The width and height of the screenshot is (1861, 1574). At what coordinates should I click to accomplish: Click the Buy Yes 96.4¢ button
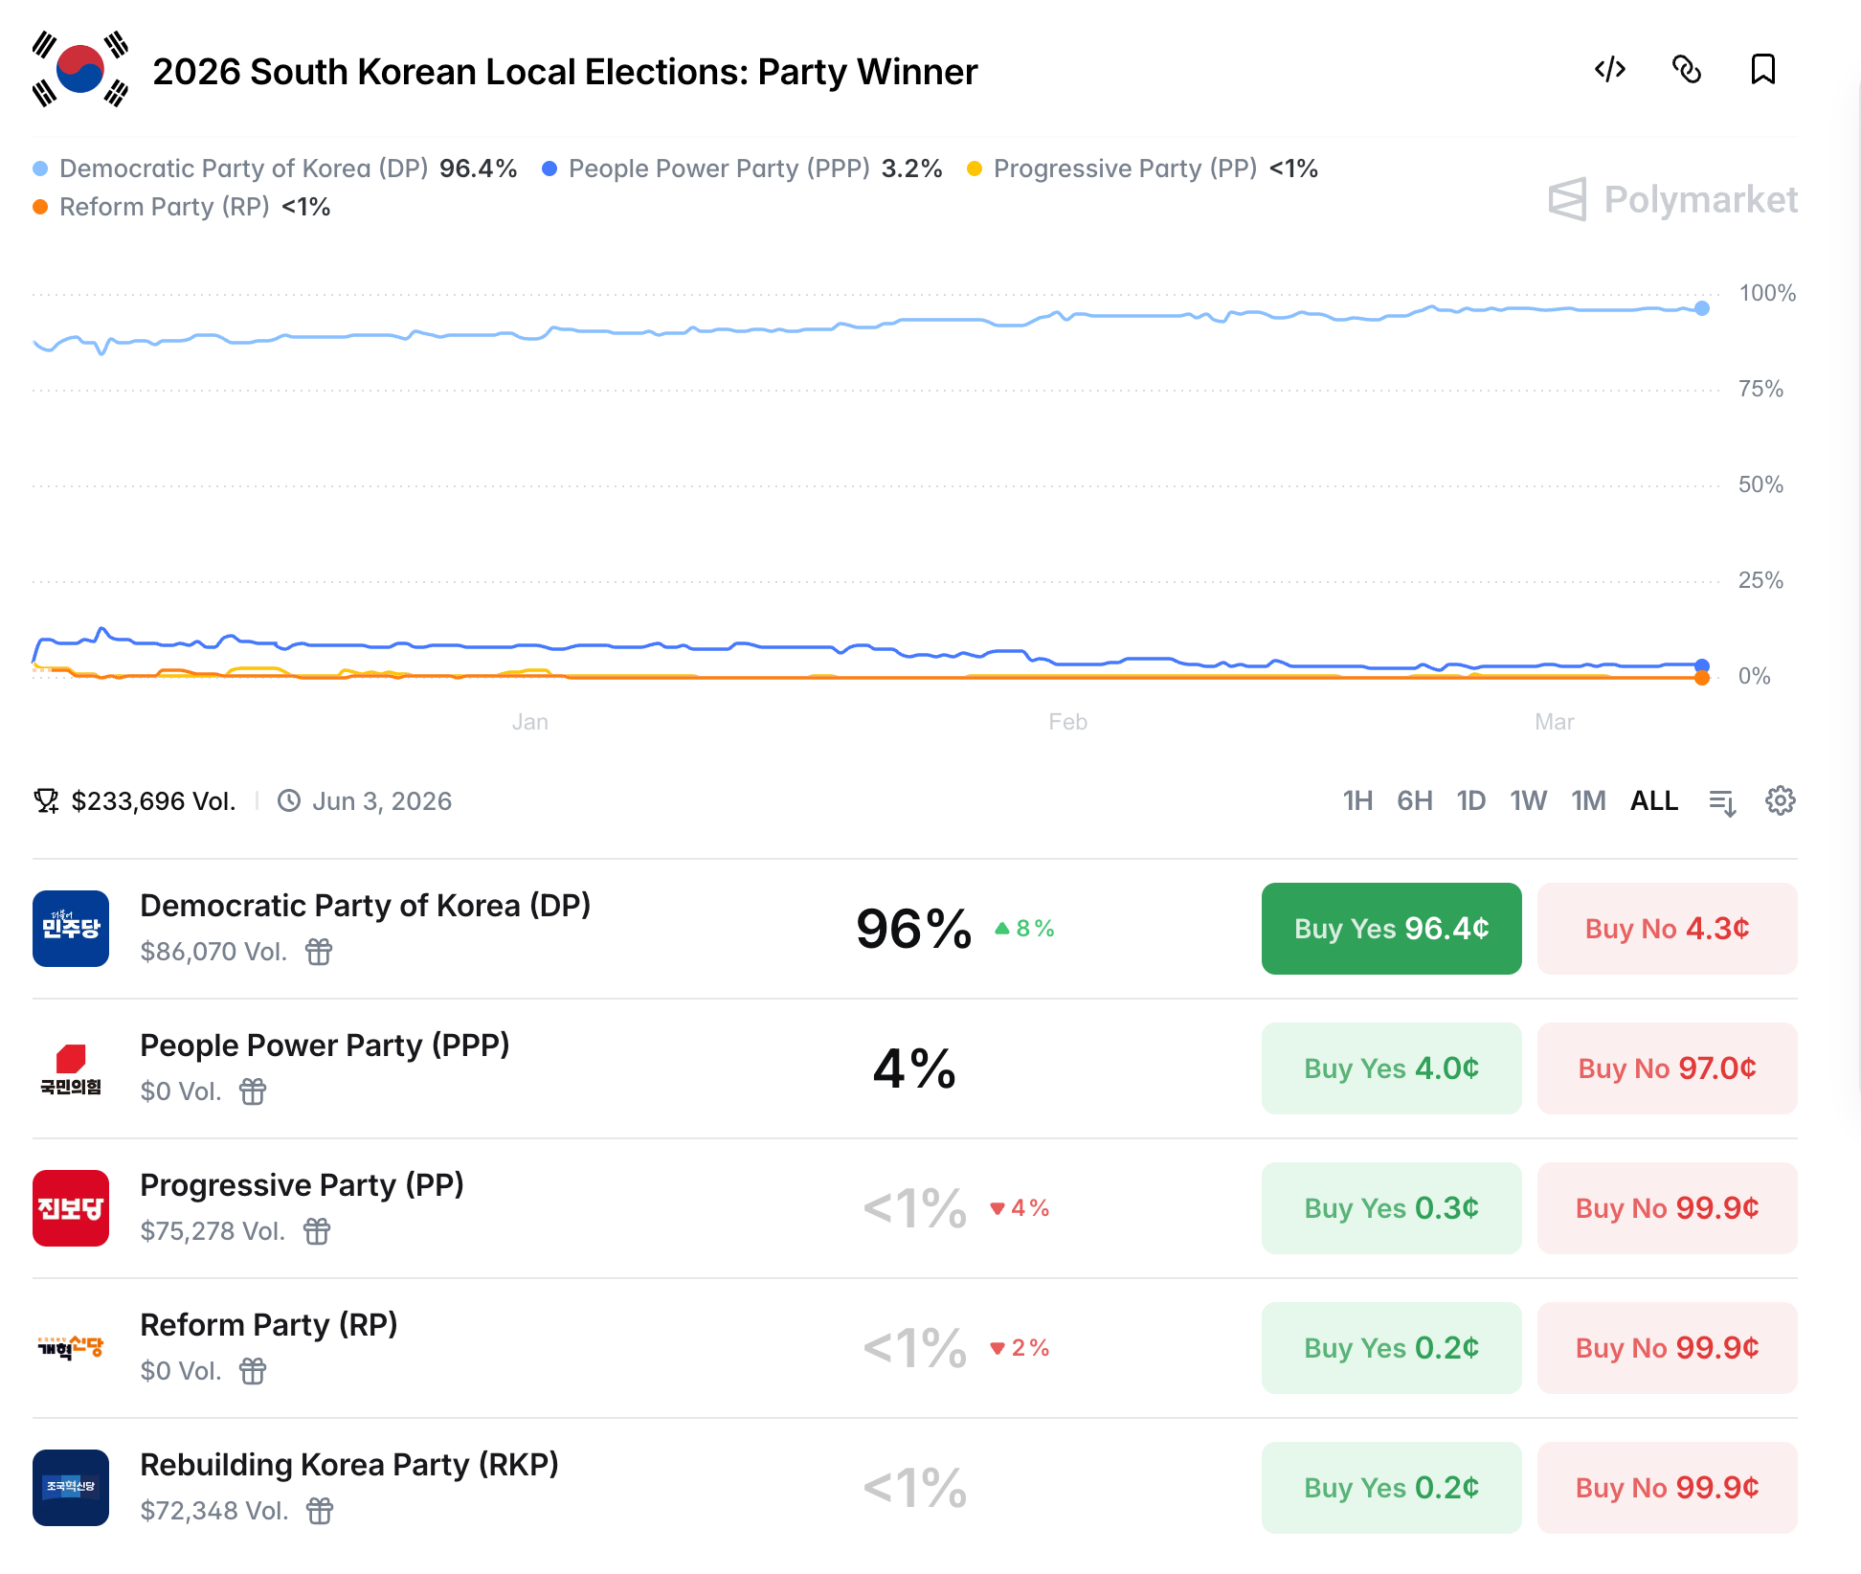click(x=1391, y=929)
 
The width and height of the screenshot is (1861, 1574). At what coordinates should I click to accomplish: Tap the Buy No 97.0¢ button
click(x=1667, y=1068)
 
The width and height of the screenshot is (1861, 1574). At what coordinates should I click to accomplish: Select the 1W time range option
click(x=1528, y=800)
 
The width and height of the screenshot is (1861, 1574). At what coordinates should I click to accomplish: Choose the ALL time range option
click(x=1653, y=800)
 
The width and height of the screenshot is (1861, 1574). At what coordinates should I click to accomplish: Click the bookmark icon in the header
click(x=1762, y=70)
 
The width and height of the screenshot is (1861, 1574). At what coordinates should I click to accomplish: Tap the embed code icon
click(x=1609, y=70)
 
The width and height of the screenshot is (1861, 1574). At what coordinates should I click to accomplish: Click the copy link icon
click(x=1686, y=70)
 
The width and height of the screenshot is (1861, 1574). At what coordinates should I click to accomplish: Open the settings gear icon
click(x=1780, y=800)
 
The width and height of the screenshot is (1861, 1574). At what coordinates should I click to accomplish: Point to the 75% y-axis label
click(x=1760, y=389)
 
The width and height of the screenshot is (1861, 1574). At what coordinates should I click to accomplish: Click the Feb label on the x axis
click(x=1067, y=722)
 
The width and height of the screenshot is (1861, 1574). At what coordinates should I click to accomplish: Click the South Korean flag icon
click(x=80, y=70)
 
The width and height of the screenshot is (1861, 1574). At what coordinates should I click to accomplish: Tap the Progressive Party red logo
click(x=71, y=1208)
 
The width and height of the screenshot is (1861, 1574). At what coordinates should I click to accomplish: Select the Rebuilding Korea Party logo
click(x=71, y=1488)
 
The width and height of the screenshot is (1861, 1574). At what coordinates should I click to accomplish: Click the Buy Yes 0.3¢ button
click(x=1391, y=1208)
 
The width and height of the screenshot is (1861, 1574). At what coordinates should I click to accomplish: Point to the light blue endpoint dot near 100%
click(x=1701, y=308)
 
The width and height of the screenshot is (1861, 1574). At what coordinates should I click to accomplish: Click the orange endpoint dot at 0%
click(x=1701, y=678)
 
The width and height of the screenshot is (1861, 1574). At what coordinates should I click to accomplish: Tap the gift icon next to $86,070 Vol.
click(x=319, y=952)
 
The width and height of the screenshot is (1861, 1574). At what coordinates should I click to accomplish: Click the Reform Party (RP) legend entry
click(x=164, y=207)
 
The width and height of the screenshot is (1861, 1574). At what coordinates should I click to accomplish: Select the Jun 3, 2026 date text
click(x=381, y=801)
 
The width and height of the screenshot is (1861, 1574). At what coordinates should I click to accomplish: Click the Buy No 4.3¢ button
click(x=1667, y=929)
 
